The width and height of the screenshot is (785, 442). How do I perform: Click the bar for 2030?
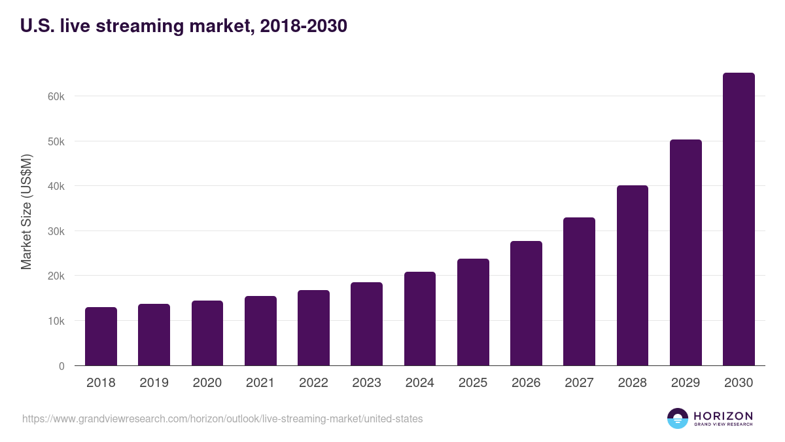coord(739,219)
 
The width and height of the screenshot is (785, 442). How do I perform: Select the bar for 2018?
coord(101,337)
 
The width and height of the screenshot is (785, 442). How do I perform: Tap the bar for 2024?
coord(420,319)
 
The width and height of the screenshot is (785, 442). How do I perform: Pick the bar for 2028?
coord(633,276)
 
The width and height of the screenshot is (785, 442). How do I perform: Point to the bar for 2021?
coord(260,331)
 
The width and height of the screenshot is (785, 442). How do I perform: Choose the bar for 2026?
coord(526,303)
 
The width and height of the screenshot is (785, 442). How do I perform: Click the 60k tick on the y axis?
coord(56,96)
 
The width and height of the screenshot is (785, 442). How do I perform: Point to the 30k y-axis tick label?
coord(56,231)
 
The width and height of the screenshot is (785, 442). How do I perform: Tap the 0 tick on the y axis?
coord(61,366)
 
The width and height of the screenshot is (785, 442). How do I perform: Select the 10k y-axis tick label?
coord(56,321)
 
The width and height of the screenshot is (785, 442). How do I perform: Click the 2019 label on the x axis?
coord(154,383)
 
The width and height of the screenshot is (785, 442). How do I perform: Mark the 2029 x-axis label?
coord(686,383)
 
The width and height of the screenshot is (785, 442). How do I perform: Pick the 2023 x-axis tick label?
coord(366,383)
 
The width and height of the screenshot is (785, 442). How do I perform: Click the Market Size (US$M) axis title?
coord(26,211)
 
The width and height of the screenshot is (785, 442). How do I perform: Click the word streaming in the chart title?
coord(131,27)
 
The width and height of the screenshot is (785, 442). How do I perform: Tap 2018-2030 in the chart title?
coord(303,26)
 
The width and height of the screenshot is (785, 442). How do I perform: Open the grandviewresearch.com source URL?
coord(222,418)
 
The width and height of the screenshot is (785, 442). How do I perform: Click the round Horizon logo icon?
coord(678,418)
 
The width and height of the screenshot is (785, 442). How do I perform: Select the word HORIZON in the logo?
coord(723,416)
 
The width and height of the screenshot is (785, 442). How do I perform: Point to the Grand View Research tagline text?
coord(723,425)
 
